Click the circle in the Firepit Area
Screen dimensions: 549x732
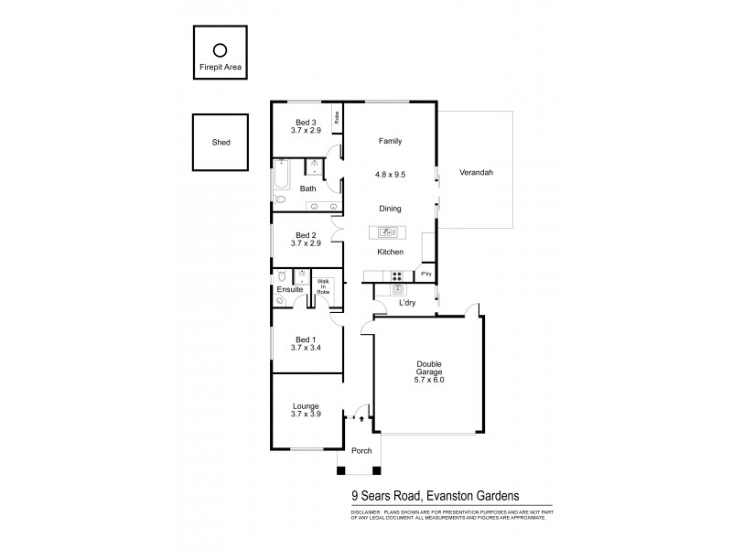(220, 51)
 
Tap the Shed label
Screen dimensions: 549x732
(221, 143)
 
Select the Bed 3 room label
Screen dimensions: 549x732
(306, 124)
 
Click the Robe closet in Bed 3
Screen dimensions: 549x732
(337, 117)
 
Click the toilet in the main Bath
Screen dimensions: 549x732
(281, 199)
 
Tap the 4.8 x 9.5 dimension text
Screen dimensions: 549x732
(390, 174)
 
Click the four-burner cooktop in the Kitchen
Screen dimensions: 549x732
(397, 274)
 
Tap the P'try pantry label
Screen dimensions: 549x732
(425, 274)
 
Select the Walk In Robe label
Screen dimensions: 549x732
(322, 285)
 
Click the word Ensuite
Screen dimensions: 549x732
(290, 290)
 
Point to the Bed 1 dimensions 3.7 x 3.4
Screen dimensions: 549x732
(306, 348)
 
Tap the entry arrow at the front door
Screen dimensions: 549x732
(362, 419)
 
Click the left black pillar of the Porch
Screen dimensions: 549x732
(342, 470)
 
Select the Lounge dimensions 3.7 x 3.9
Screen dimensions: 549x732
(306, 414)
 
